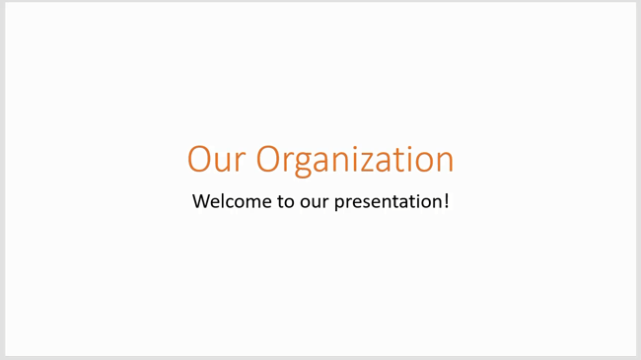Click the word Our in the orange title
tap(216, 160)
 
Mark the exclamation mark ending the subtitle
tap(447, 201)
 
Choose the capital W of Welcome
tap(202, 201)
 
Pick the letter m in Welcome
tap(251, 202)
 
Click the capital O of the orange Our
tap(200, 160)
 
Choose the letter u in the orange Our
tap(223, 161)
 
